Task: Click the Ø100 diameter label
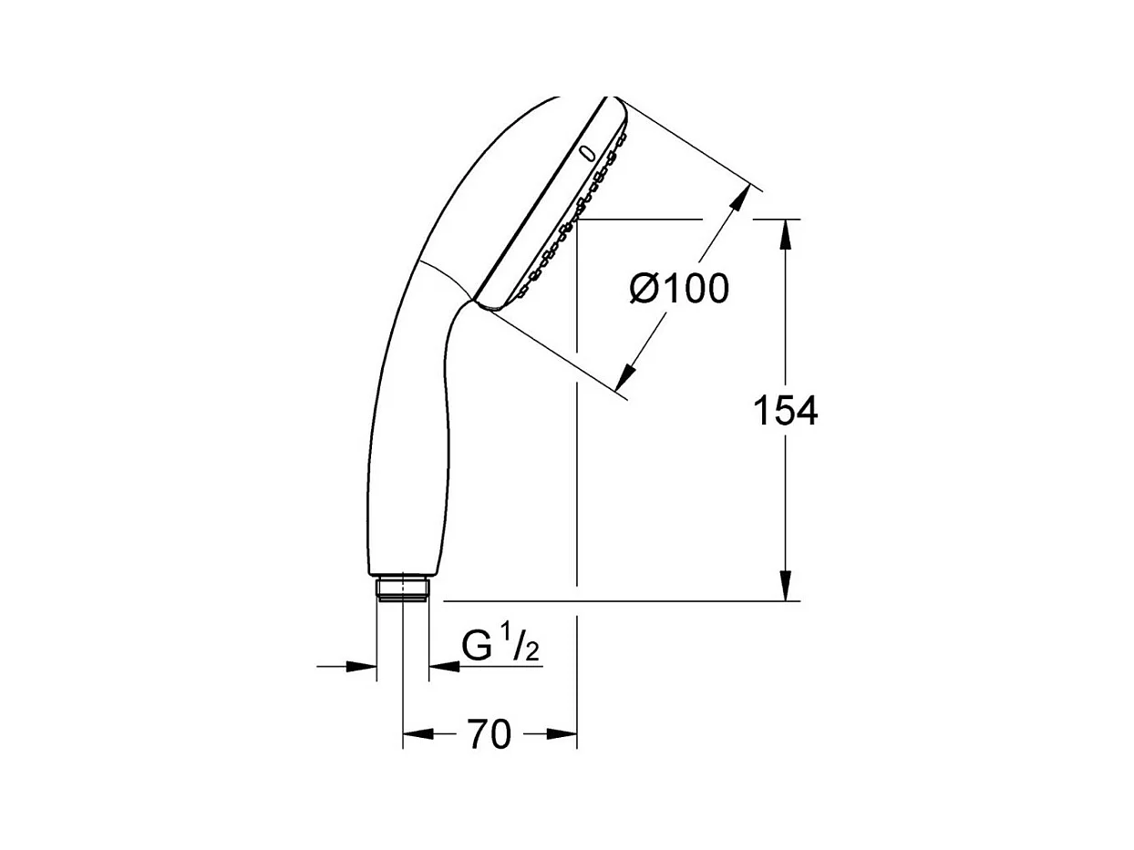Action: tap(679, 289)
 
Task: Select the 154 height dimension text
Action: tap(785, 411)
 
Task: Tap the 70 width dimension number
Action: tap(490, 734)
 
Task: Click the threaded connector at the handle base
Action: tap(402, 589)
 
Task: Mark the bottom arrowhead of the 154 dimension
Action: tap(785, 586)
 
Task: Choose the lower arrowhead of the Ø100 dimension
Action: tap(625, 375)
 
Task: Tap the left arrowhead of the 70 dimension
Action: tap(418, 734)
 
